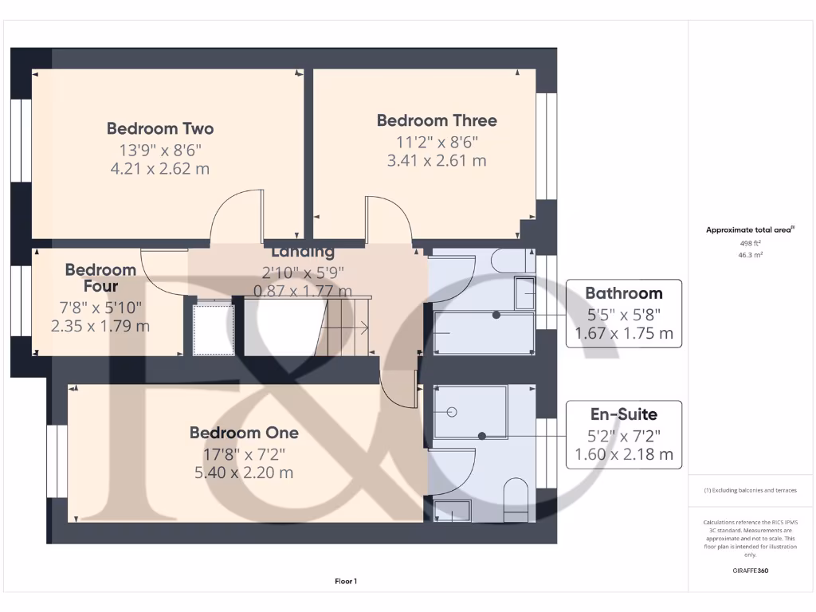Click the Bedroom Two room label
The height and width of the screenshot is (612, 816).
click(160, 128)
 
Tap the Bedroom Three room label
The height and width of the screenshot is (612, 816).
click(437, 120)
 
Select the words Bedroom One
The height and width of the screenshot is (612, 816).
click(244, 433)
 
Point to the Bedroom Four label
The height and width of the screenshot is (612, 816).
click(100, 278)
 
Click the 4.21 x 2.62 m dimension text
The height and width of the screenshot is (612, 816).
click(160, 168)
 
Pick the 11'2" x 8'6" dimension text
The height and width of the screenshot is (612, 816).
click(437, 141)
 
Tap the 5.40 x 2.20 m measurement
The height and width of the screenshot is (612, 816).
click(244, 473)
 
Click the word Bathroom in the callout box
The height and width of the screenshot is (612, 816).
click(623, 293)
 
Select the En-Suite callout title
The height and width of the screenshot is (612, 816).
click(623, 414)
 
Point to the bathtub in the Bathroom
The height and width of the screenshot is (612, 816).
click(482, 333)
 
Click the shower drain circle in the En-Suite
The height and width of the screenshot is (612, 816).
click(451, 412)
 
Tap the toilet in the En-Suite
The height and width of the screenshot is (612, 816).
click(516, 499)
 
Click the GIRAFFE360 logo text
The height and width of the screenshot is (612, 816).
click(749, 571)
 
